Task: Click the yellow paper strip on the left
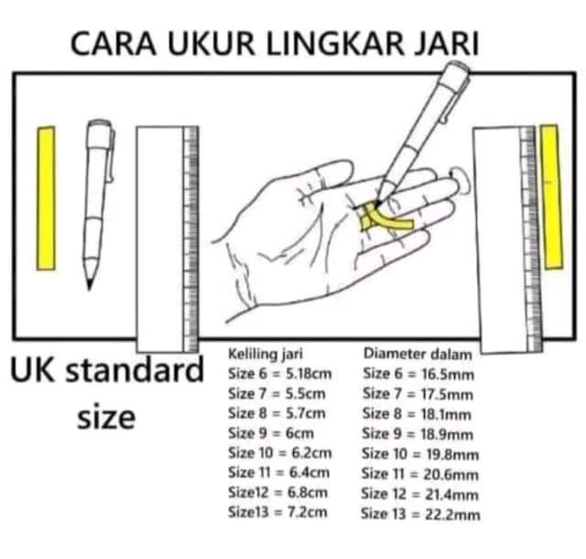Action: tap(46, 198)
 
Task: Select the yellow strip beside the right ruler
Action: tap(549, 196)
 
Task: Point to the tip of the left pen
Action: tap(90, 286)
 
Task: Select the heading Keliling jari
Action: tap(266, 353)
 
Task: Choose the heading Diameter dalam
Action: tap(418, 353)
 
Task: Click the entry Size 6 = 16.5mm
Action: tap(418, 374)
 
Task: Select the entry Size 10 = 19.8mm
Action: tap(420, 454)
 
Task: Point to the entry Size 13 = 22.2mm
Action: tap(420, 513)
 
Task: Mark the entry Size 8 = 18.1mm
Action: tap(418, 413)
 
